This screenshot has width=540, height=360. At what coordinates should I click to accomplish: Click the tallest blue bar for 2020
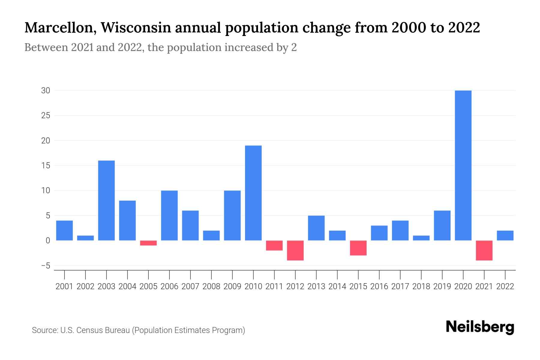pyautogui.click(x=463, y=165)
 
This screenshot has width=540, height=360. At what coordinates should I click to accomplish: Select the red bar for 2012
pyautogui.click(x=295, y=250)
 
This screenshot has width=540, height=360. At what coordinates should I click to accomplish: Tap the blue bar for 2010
pyautogui.click(x=253, y=193)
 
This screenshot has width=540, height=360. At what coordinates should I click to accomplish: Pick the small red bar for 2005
pyautogui.click(x=148, y=243)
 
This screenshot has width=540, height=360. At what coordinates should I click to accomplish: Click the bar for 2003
pyautogui.click(x=106, y=200)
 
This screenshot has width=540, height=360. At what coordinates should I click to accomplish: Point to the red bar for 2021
pyautogui.click(x=484, y=250)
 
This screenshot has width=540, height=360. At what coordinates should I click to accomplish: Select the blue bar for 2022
pyautogui.click(x=505, y=235)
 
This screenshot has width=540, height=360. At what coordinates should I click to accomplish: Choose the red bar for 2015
pyautogui.click(x=358, y=248)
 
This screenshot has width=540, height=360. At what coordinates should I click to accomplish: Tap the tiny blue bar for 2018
pyautogui.click(x=421, y=238)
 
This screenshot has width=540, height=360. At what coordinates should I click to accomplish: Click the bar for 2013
pyautogui.click(x=316, y=228)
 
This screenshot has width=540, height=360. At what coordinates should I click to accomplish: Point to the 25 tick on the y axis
pyautogui.click(x=46, y=115)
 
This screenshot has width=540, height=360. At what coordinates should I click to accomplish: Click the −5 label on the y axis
pyautogui.click(x=46, y=266)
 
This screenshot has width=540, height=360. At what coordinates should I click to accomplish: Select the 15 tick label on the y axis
pyautogui.click(x=46, y=166)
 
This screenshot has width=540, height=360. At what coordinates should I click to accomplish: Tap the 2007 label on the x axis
pyautogui.click(x=190, y=286)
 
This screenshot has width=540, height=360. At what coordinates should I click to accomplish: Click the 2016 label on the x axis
pyautogui.click(x=379, y=286)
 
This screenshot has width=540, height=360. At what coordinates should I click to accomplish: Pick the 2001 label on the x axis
pyautogui.click(x=64, y=286)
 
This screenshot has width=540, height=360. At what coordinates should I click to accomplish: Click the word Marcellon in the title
pyautogui.click(x=60, y=28)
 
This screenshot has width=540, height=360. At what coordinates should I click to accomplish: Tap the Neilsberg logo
pyautogui.click(x=480, y=327)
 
